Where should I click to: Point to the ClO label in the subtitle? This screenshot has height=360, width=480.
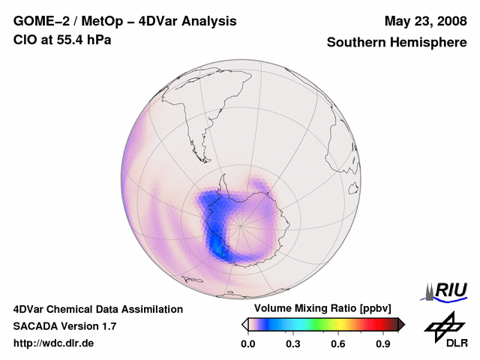click(25, 39)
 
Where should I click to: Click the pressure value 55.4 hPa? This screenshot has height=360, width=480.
click(84, 39)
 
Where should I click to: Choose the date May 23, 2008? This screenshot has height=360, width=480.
click(424, 21)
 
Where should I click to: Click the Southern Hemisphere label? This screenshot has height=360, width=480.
click(396, 43)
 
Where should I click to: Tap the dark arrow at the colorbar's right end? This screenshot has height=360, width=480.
click(401, 324)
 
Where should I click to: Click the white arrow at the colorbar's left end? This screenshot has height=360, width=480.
click(244, 324)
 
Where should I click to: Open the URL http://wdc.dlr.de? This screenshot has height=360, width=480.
click(54, 343)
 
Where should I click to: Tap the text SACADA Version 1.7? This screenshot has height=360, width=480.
click(64, 326)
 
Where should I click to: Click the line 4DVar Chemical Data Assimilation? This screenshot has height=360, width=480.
click(97, 309)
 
